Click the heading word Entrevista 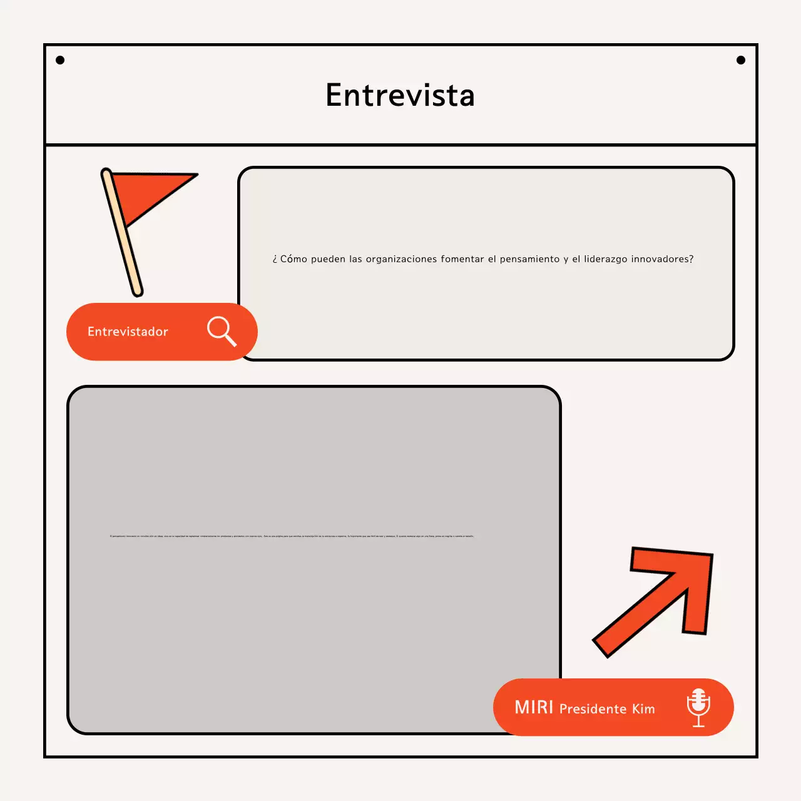coord(400,96)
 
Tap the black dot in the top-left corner coord(60,60)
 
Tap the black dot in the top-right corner coord(741,60)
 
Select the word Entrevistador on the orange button coord(128,332)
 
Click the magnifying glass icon coord(222,330)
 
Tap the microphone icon coord(698,707)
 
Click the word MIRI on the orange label coord(534,707)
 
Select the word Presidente coord(593,709)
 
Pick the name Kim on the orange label coord(643,709)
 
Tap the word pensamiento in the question coord(529,259)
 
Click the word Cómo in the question coord(293,259)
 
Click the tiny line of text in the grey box coord(292,536)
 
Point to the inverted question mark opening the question coord(275,260)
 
